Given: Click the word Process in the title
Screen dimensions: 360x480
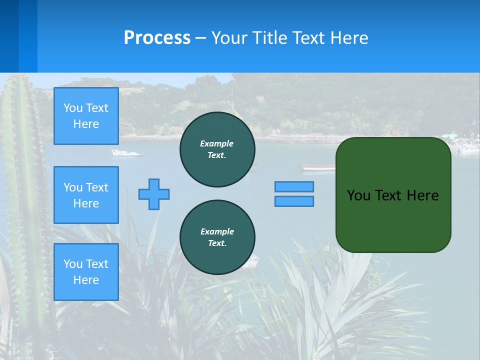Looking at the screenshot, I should coord(157,38).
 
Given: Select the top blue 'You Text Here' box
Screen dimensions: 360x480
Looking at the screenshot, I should coord(86,116).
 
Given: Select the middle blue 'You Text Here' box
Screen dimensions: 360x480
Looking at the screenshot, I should coord(86,195).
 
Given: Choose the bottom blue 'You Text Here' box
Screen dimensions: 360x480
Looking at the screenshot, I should coord(86,271).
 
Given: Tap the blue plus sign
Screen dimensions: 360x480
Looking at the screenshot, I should coord(154,194).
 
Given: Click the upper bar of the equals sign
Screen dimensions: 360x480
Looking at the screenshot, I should coord(294,186).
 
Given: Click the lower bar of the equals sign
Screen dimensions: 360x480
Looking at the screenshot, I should coord(294,201).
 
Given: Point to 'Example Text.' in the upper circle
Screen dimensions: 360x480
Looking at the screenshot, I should coord(217,149).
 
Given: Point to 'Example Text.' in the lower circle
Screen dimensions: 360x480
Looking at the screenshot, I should coord(217,237).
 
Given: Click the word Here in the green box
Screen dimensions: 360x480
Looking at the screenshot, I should coord(422,195).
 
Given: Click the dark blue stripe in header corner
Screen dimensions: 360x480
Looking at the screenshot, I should coord(9,36).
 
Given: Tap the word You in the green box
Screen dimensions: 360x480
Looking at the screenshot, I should coord(358,195).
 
